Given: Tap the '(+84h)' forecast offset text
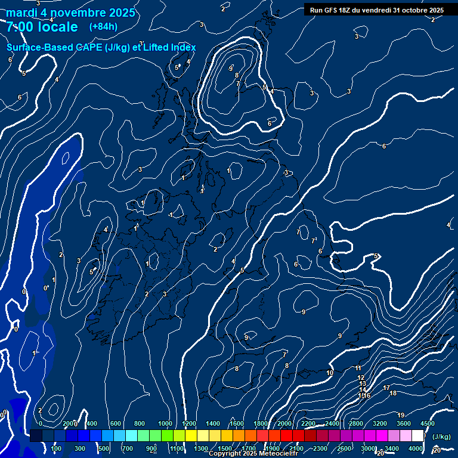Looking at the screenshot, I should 103,27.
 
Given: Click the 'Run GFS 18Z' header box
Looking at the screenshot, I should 376,10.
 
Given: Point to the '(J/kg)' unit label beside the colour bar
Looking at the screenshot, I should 441,437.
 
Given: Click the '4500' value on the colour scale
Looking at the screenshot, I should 427,423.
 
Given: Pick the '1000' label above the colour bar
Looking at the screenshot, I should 165,423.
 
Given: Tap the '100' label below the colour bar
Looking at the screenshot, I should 57,448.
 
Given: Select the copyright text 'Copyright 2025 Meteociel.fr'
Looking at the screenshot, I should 253,454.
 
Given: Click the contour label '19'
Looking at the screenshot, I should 401,415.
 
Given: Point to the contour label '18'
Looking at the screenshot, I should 392,393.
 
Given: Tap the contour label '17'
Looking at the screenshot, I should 386,388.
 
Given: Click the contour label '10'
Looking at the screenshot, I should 330,373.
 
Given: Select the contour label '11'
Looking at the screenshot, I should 358,368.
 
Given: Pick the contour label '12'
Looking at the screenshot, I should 361,377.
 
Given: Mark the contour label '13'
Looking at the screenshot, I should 363,383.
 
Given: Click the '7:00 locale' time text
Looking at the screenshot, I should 42,27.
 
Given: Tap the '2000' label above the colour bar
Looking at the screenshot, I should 284,423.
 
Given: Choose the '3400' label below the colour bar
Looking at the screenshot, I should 391,448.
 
